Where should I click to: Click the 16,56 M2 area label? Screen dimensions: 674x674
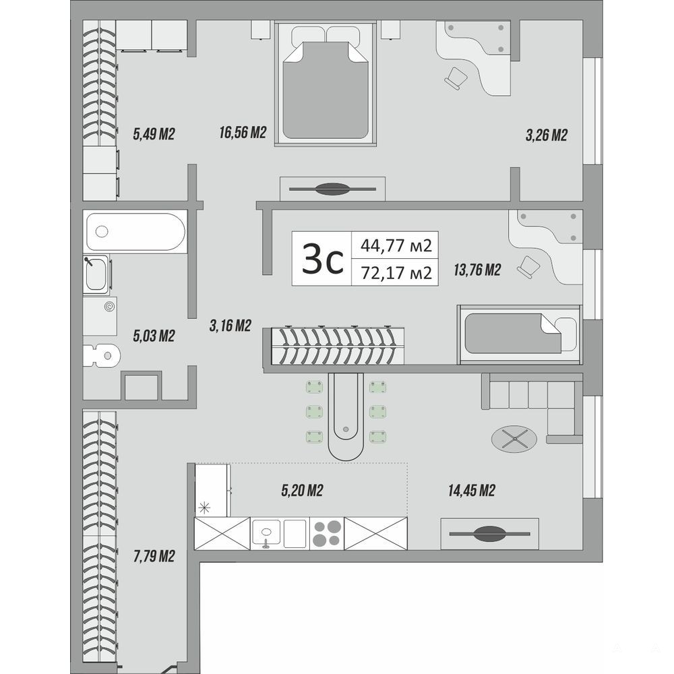[x=243, y=132]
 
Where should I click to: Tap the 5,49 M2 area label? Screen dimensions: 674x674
[x=154, y=134]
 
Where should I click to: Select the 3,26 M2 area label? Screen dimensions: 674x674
[x=547, y=135]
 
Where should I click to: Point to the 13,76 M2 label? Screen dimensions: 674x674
[x=477, y=270]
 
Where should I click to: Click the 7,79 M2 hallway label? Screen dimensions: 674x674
[x=154, y=556]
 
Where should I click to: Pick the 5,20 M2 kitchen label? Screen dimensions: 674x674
[x=302, y=490]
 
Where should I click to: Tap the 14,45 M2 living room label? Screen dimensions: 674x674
[x=472, y=490]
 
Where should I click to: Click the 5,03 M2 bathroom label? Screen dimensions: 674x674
[x=154, y=335]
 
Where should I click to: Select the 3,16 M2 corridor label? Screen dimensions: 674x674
[x=230, y=326]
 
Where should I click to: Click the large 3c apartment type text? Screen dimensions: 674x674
[x=322, y=259]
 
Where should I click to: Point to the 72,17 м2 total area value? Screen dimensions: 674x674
[x=396, y=272]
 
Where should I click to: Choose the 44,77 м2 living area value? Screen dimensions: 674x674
[x=396, y=245]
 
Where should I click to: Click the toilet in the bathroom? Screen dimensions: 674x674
[x=102, y=355]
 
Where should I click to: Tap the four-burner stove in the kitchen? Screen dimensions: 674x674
[x=327, y=533]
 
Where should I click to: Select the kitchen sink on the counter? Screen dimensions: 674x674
[x=266, y=531]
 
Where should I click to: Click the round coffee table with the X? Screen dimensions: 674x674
[x=514, y=439]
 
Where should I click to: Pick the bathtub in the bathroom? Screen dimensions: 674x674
[x=136, y=231]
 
